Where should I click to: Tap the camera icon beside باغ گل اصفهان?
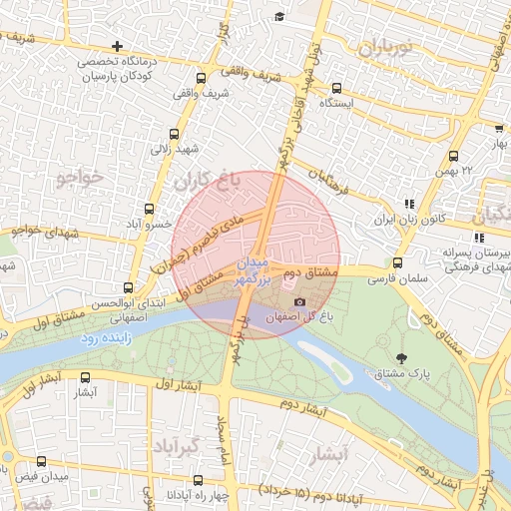pos(299,301)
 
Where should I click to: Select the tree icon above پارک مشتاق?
pos(402,357)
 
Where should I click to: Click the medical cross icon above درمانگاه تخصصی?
pos(118,46)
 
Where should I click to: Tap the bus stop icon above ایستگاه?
pos(336,87)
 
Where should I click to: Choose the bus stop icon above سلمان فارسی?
pos(398,263)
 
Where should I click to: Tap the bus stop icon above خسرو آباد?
pos(149,210)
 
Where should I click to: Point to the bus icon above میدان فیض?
pos(41,462)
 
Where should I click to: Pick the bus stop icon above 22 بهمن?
pos(453,156)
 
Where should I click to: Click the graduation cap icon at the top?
pos(279,17)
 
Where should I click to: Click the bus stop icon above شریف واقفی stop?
pos(201,78)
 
